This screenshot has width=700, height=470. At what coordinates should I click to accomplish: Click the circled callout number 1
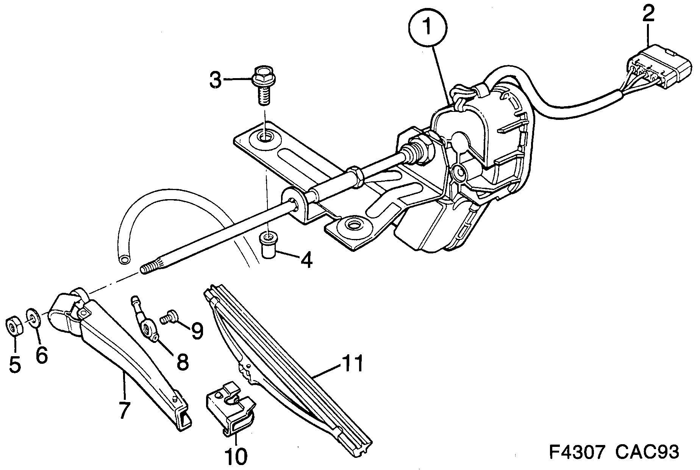428,27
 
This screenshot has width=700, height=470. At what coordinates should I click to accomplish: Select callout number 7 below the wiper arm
124,410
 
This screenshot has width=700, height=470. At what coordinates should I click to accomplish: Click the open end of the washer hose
124,260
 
